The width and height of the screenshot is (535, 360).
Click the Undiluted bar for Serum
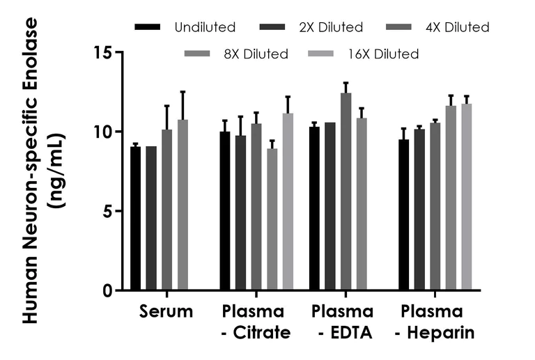(x=136, y=219)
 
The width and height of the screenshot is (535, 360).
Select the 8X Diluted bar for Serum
(x=183, y=205)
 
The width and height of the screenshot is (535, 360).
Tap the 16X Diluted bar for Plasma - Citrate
(x=288, y=202)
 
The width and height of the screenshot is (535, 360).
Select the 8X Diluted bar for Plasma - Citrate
(x=272, y=219)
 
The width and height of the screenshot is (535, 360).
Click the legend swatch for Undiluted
(x=148, y=27)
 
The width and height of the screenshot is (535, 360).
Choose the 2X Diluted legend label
(x=331, y=28)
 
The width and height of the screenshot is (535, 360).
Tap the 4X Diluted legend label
(x=457, y=28)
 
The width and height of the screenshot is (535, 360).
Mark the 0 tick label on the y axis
(x=107, y=290)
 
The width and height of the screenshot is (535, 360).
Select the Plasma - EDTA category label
(x=342, y=322)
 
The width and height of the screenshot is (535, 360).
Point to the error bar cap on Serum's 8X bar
(x=183, y=91)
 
